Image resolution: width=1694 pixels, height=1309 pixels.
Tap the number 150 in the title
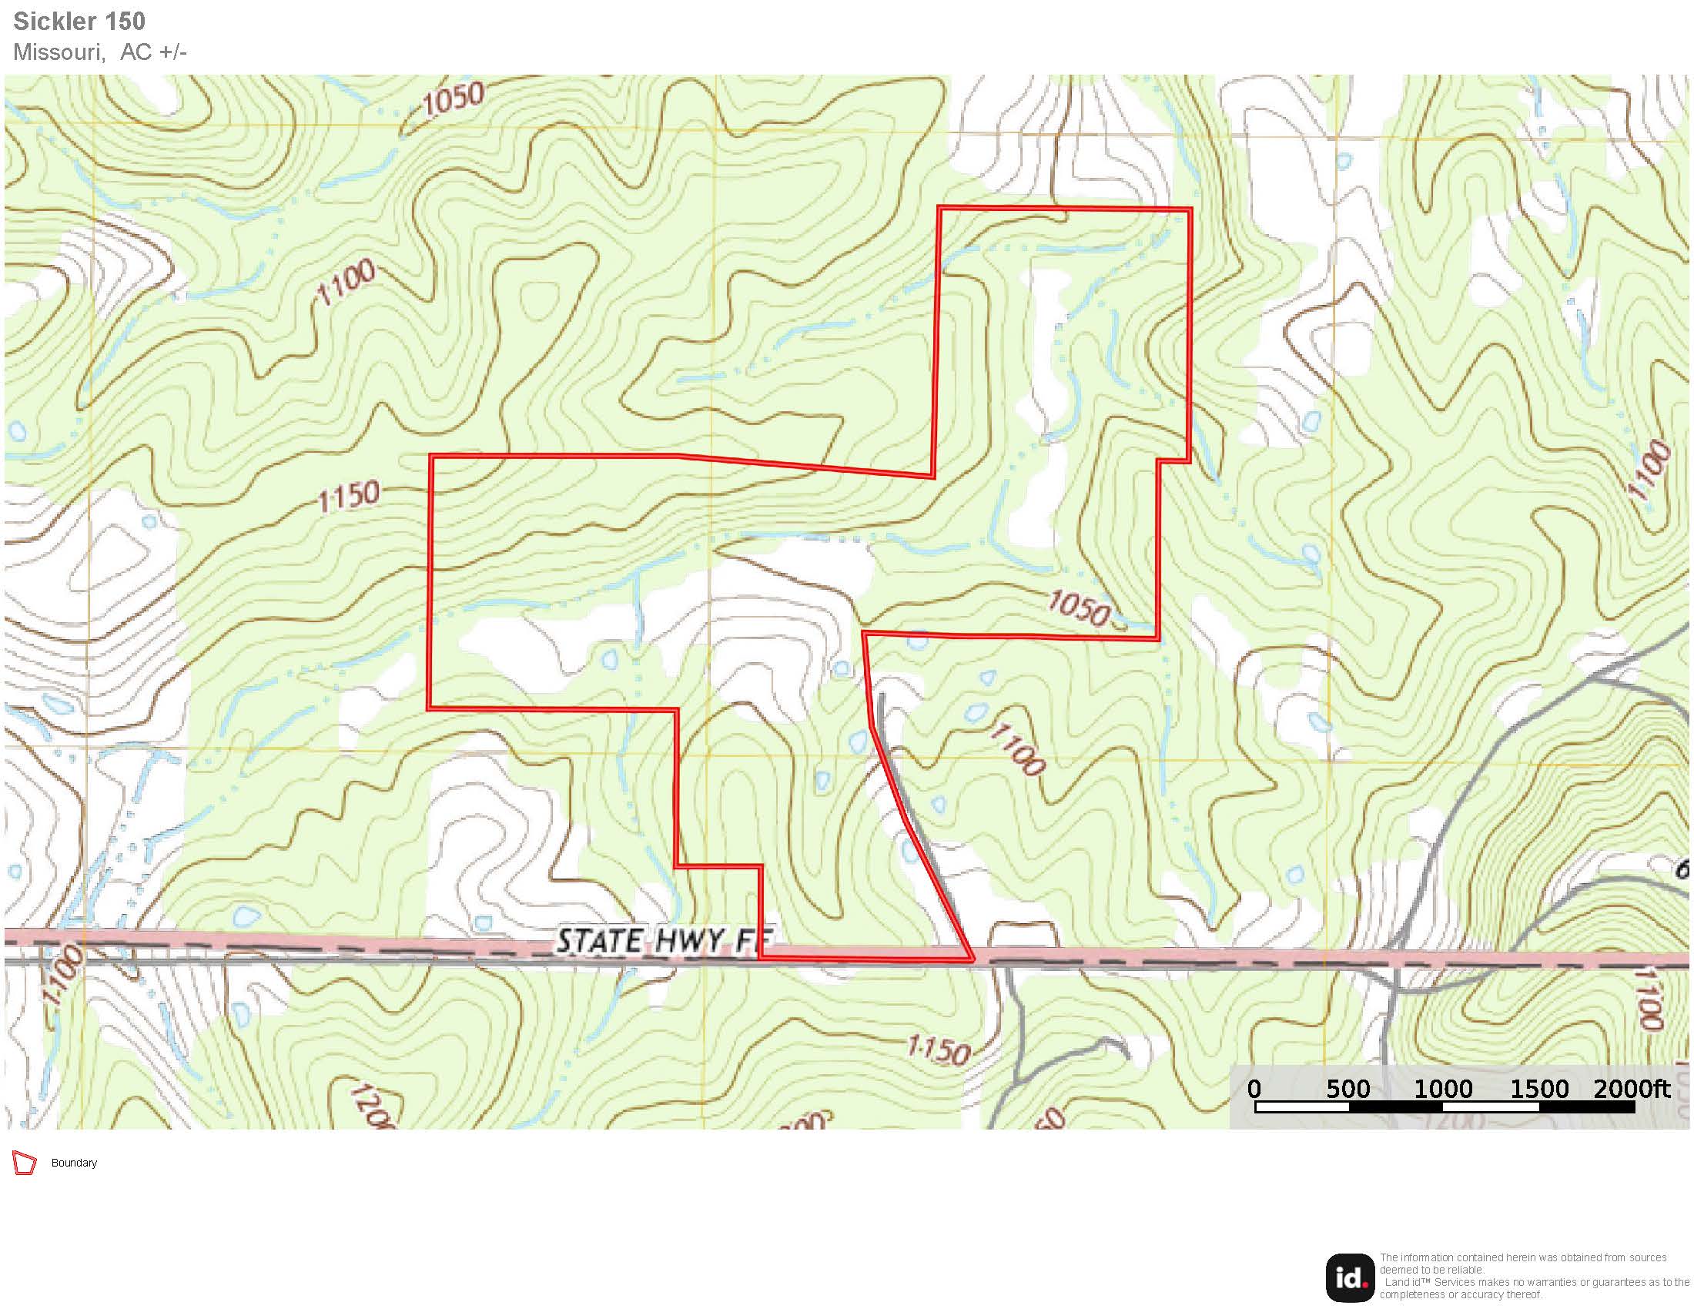123,21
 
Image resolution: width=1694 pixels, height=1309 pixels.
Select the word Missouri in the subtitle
59,52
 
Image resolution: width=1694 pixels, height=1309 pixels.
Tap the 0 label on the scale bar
1254,1089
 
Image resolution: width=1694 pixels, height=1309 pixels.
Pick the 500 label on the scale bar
1348,1089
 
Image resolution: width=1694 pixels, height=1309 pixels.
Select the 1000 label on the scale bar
1443,1089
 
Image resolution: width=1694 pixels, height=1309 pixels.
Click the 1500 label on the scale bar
1539,1089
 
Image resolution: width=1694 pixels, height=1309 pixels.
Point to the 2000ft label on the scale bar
1631,1089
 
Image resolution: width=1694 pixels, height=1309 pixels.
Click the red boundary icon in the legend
25,1163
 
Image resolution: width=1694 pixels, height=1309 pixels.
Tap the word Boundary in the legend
74,1163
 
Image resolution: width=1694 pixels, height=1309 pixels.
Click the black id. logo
1350,1278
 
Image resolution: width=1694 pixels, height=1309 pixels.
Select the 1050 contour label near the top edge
456,99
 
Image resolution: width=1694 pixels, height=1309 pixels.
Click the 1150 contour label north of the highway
349,495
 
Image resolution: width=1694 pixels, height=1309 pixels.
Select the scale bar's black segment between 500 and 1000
1395,1107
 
